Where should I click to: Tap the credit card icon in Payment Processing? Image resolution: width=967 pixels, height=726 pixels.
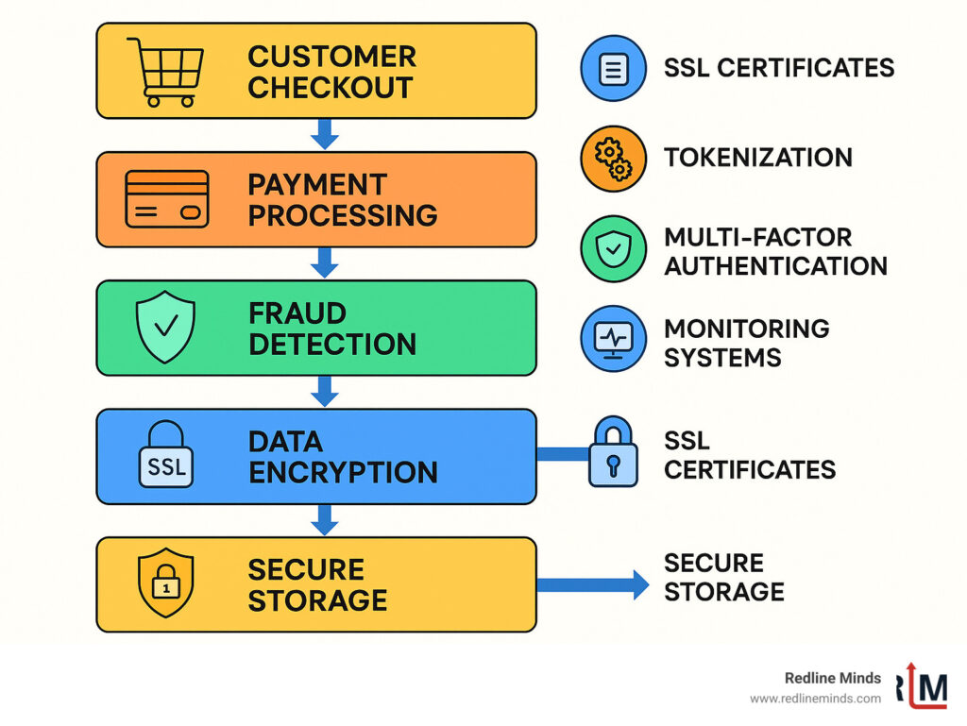(167, 199)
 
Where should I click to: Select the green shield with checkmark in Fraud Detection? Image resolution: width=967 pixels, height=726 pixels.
(166, 328)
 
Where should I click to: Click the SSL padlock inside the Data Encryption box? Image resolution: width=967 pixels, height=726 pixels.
(166, 456)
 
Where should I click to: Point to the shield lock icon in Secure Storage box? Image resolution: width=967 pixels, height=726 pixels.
(166, 584)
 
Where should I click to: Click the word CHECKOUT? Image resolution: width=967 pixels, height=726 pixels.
(330, 88)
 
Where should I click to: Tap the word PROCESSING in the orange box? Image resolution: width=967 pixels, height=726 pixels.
(342, 215)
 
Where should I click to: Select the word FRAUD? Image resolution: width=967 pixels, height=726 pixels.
(297, 312)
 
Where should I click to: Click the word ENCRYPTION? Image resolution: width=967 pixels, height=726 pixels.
(342, 472)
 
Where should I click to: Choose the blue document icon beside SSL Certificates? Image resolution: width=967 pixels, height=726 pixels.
(613, 69)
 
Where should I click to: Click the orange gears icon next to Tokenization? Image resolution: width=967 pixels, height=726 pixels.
(613, 159)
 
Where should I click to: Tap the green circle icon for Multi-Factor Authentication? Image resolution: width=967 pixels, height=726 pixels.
(613, 250)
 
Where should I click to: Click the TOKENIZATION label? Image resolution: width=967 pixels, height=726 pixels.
(757, 158)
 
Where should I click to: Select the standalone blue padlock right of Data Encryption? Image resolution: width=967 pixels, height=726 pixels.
(613, 454)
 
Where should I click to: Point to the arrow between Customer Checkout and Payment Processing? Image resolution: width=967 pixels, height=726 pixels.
(324, 134)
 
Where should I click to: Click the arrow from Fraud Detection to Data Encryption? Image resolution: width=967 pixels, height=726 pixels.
(324, 391)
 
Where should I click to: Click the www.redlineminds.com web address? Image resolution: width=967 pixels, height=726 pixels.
(815, 699)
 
